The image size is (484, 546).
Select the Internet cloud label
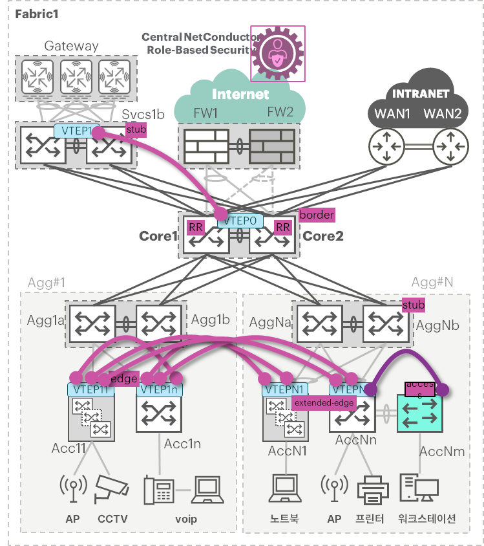coord(240,94)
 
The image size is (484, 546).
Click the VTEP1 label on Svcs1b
coord(77,130)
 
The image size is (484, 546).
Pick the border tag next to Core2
coord(317,215)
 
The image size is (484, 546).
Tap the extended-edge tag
coord(324,402)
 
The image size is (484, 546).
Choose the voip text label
coord(186,519)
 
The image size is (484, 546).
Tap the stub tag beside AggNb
coord(414,305)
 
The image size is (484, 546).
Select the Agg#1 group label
coord(46,283)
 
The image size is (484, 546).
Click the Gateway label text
coord(71,46)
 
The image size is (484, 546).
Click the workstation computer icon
coord(419,490)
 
